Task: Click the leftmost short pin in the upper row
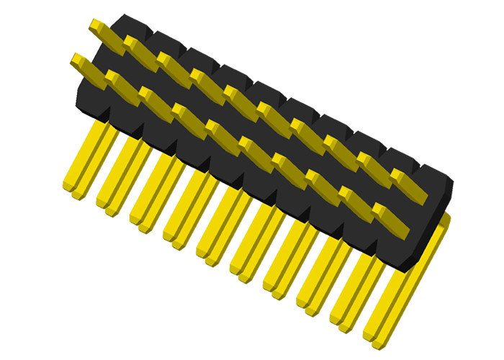tap(104, 32)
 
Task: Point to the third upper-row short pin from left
tap(173, 65)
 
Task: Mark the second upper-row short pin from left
tap(139, 49)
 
